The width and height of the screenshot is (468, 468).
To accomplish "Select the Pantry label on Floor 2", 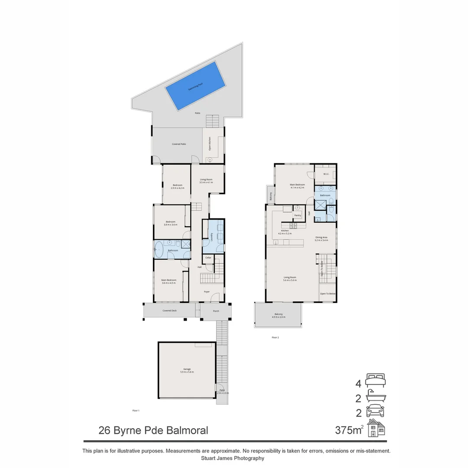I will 297,215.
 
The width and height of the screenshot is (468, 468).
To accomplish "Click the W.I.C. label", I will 326,174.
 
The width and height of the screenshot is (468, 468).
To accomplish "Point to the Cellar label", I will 208,258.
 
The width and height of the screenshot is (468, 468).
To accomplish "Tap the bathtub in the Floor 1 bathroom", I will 159,250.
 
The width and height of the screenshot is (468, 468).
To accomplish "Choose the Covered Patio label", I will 179,144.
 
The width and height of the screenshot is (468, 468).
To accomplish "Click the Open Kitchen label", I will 210,144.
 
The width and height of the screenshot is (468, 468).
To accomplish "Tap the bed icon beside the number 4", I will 375,380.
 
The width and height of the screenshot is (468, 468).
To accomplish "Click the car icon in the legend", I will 375,410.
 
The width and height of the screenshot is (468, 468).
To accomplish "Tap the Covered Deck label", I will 169,311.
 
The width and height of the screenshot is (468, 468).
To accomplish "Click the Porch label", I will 216,311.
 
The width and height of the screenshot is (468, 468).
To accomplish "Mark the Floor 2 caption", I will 275,337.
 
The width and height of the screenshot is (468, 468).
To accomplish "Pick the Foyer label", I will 207,292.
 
